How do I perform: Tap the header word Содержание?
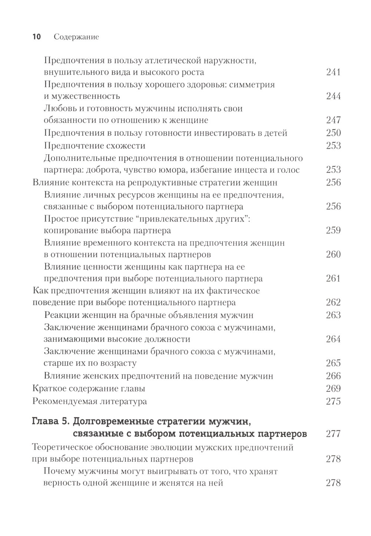[x=76, y=37]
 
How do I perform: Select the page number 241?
[x=333, y=72]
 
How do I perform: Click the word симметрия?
[x=251, y=84]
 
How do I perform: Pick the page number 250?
[x=333, y=133]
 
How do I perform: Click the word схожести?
[x=125, y=145]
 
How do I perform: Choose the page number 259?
[x=333, y=230]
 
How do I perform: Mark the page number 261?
[x=333, y=278]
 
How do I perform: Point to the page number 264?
[x=333, y=339]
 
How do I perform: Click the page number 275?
[x=333, y=401]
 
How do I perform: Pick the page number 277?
[x=333, y=434]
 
